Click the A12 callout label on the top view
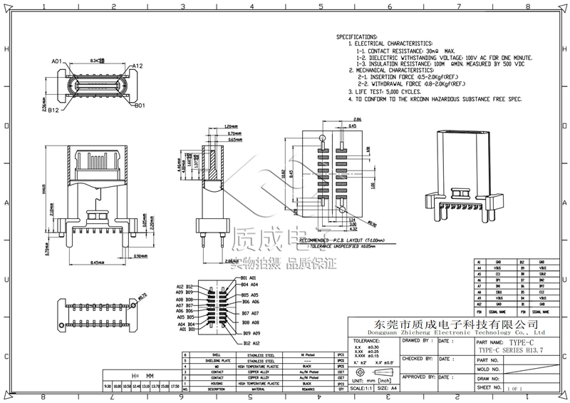[x=137, y=66]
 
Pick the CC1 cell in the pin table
[x=497, y=273]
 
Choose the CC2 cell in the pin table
[x=543, y=292]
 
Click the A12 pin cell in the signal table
[x=477, y=305]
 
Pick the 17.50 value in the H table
[x=175, y=386]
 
